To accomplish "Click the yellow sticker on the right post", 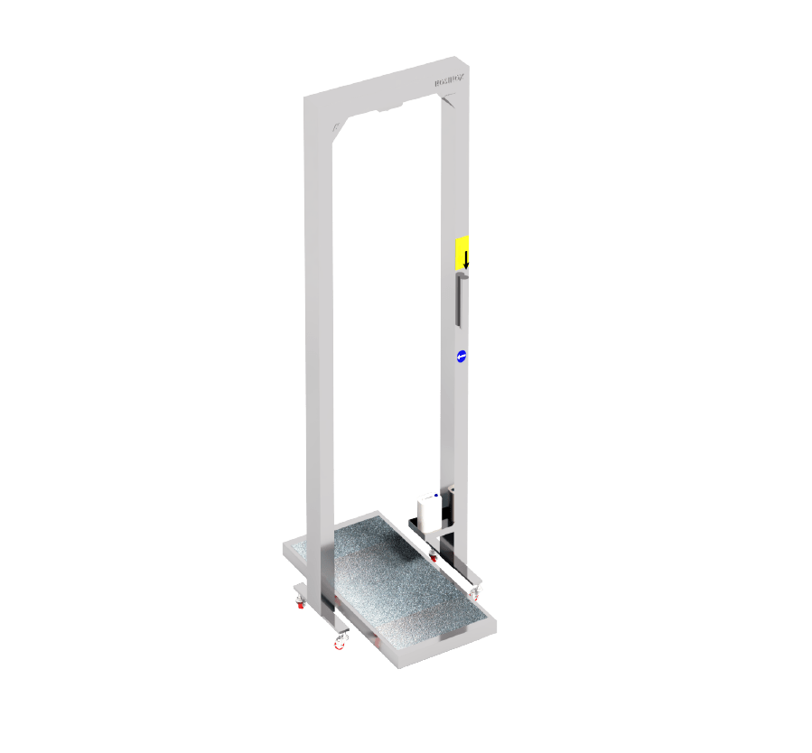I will (x=462, y=253).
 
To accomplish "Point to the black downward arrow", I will (x=466, y=259).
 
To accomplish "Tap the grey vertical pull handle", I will (x=460, y=302).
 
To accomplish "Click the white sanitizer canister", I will (x=427, y=510).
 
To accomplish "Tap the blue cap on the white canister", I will (x=437, y=496).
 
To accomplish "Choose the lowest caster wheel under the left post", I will (x=341, y=640).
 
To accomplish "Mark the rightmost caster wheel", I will (x=475, y=593).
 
